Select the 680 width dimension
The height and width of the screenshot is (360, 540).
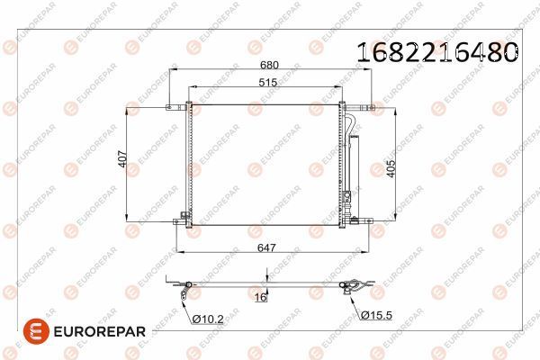[268, 65]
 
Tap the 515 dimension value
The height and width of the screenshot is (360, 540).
[265, 82]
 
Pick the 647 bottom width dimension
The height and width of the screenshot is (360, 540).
[265, 247]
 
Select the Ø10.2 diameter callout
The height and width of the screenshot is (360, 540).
[208, 318]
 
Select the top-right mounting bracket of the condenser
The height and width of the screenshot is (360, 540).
[364, 107]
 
